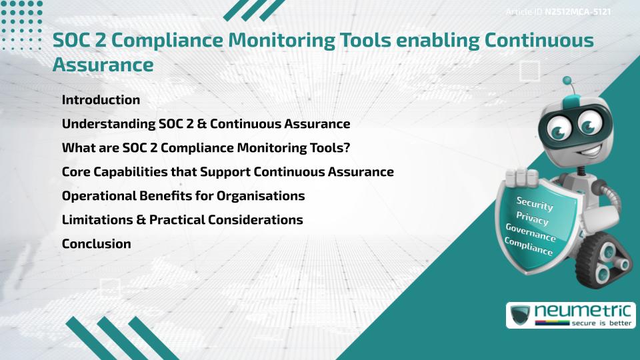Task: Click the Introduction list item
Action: [x=101, y=100]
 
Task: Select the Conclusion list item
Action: [x=96, y=244]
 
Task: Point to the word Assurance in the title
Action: [x=103, y=65]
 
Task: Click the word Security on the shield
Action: [x=534, y=203]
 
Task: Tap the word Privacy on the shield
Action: [x=532, y=218]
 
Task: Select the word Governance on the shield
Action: [x=530, y=233]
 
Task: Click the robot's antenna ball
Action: [x=567, y=81]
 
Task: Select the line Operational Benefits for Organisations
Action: [x=183, y=196]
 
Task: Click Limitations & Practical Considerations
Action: [x=182, y=220]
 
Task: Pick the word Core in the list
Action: [x=76, y=172]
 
